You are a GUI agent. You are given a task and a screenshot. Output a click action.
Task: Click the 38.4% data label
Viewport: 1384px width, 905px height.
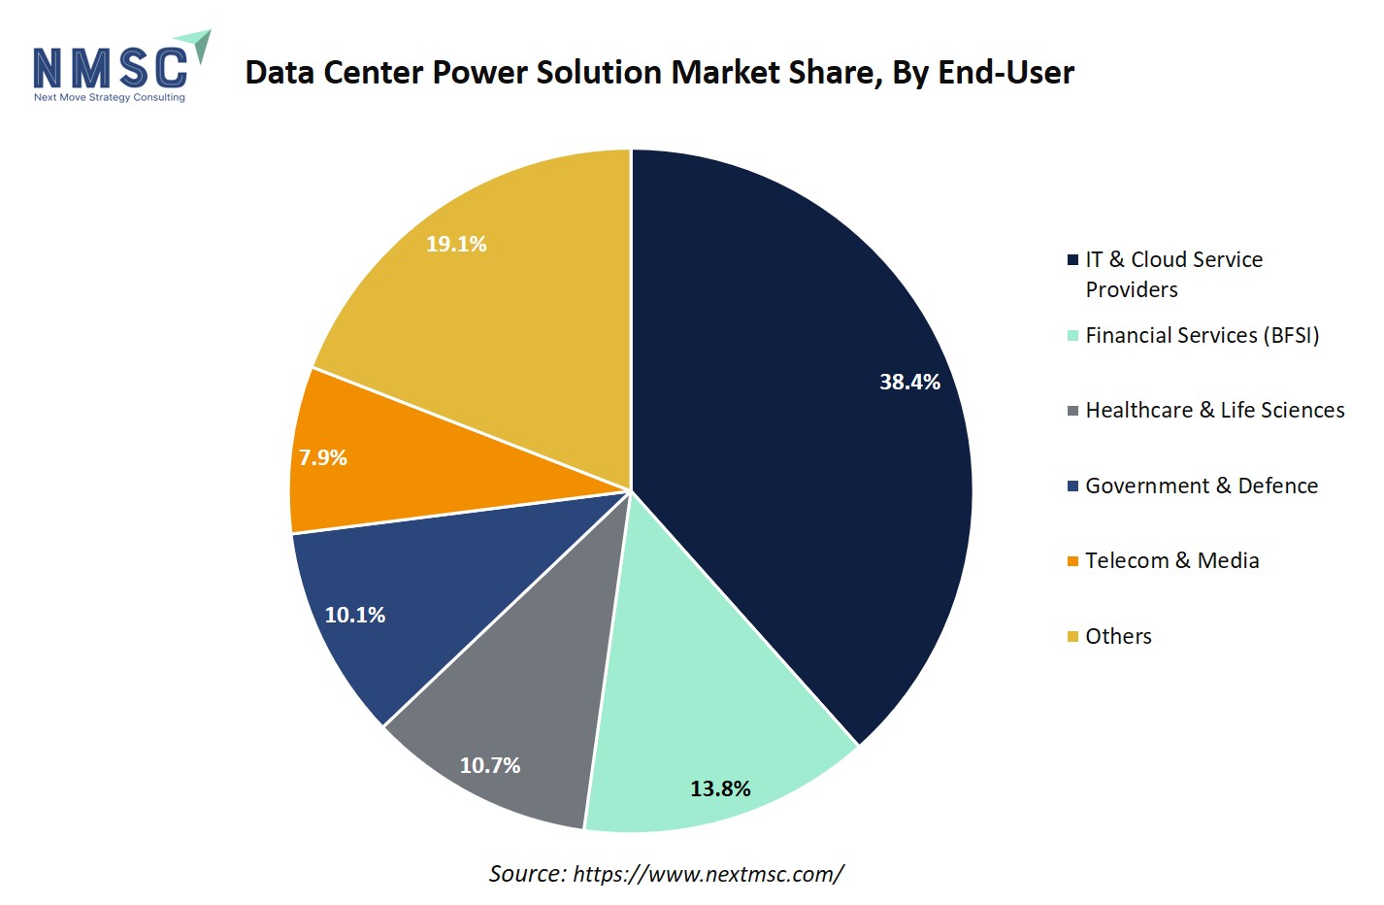click(x=909, y=382)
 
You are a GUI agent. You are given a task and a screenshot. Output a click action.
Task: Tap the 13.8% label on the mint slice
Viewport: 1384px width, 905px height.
click(x=720, y=788)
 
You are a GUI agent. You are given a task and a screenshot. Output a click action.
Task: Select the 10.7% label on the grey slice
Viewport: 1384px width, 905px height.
click(x=490, y=765)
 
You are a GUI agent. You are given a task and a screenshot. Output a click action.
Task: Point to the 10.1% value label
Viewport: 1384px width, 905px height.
click(x=355, y=615)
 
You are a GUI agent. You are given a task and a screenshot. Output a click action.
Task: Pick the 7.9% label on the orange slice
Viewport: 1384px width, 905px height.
click(x=323, y=457)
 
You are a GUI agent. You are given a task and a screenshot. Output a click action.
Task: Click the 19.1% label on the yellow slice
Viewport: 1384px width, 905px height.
click(x=456, y=244)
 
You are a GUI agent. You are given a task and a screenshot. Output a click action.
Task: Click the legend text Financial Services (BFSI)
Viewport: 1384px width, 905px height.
click(x=1202, y=335)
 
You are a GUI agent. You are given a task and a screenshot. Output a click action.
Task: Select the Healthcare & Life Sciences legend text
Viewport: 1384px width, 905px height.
click(x=1214, y=410)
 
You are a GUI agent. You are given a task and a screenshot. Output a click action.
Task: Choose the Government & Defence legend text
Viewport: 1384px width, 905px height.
click(x=1201, y=486)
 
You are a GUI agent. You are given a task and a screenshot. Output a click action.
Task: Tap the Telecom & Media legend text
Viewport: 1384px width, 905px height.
click(x=1171, y=560)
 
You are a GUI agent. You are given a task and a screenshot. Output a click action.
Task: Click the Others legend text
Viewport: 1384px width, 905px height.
click(x=1118, y=636)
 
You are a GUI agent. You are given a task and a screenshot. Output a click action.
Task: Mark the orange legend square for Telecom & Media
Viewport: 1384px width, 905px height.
click(x=1072, y=561)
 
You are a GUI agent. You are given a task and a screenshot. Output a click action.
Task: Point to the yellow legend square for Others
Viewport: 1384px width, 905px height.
click(x=1072, y=637)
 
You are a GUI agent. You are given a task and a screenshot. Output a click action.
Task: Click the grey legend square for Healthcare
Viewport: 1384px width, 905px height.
click(x=1072, y=411)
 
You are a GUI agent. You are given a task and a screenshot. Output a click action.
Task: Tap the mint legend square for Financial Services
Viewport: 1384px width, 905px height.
click(x=1072, y=336)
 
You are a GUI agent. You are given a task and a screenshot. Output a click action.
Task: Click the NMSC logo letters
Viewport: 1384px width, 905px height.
click(x=110, y=69)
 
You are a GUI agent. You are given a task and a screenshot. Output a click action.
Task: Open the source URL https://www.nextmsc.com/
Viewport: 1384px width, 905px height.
click(x=708, y=874)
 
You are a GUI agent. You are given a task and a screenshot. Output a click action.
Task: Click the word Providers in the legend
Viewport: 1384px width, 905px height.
click(x=1132, y=289)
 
